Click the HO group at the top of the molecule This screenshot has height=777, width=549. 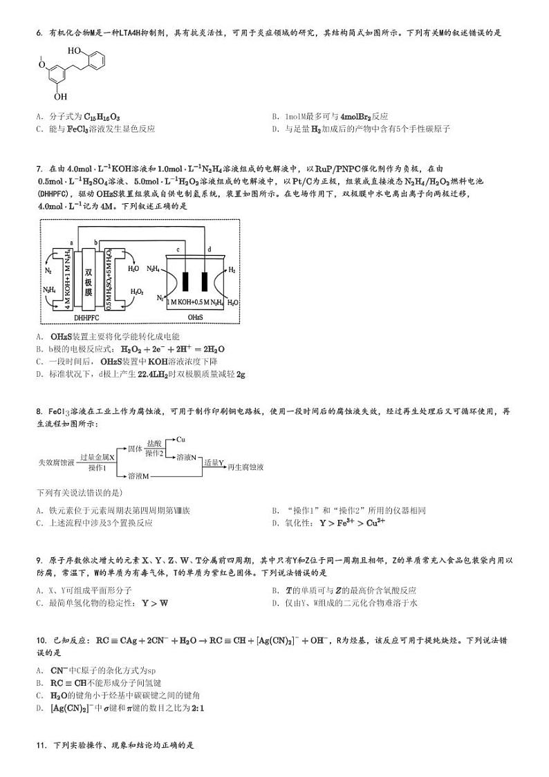[74, 51]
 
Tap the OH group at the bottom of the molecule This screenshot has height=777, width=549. [61, 97]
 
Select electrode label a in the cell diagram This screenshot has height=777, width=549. [71, 243]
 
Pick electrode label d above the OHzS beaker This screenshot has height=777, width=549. [210, 250]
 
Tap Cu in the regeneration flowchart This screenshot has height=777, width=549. [180, 439]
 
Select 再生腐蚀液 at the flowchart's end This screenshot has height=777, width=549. [245, 467]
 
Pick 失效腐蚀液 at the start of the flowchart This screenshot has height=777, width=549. [56, 462]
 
